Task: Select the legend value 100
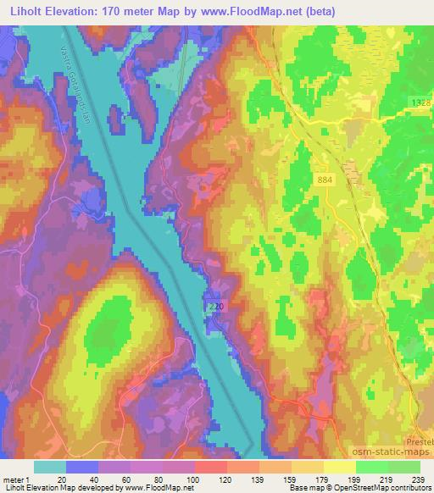point(193,479)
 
